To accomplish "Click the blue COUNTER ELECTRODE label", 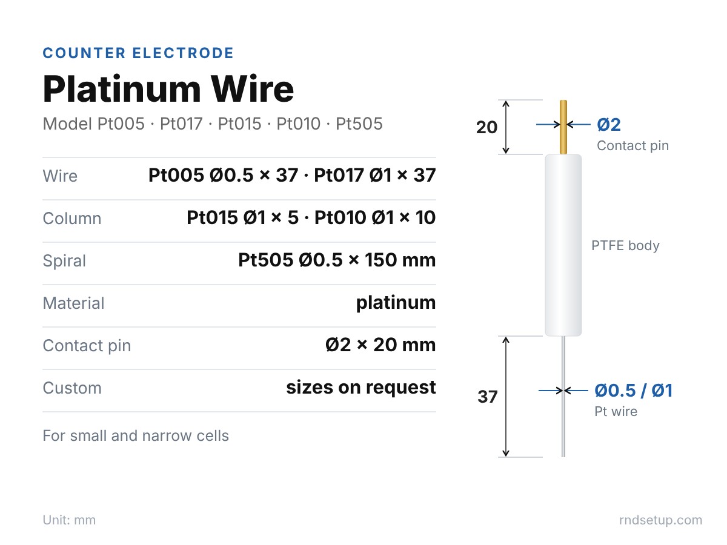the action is [139, 53].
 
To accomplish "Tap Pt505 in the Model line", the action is [359, 124].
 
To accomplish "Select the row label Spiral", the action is [64, 261].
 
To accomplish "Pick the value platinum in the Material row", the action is [396, 303].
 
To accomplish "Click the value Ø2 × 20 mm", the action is [380, 345].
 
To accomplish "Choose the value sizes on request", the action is [361, 388].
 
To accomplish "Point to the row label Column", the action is [72, 219].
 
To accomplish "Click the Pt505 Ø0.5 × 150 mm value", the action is [337, 260].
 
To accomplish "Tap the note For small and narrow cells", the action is [136, 436].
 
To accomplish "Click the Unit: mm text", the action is [69, 520].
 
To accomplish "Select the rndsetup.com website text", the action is [661, 520].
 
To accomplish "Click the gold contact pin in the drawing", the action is [563, 127].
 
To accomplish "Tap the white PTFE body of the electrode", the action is [563, 245].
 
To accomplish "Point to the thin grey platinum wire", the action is [563, 397].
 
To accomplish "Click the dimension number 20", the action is [486, 127].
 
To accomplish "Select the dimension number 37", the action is [488, 397].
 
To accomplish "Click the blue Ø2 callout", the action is [609, 125].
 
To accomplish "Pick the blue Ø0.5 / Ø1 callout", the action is [634, 391].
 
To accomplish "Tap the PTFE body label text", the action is [625, 245].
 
